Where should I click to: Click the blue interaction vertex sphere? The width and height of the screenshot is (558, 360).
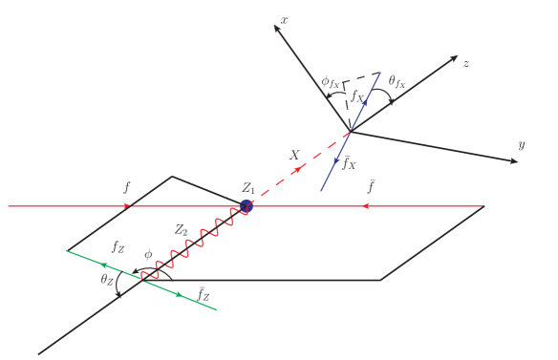click(x=247, y=205)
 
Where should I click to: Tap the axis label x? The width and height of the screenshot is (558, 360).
click(x=285, y=19)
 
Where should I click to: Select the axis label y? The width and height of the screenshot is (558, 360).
click(x=522, y=145)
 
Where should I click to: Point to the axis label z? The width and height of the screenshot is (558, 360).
click(x=465, y=63)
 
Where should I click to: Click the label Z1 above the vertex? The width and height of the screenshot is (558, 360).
click(x=249, y=187)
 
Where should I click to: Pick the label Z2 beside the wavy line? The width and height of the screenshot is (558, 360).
click(x=182, y=230)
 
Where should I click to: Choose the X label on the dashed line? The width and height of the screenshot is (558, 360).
click(x=294, y=154)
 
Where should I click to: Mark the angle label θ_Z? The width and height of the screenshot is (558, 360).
click(x=107, y=281)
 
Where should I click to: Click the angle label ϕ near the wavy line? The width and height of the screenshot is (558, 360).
click(x=148, y=255)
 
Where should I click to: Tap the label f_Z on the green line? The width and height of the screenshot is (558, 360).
click(x=118, y=246)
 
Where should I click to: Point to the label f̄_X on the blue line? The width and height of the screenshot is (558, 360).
click(x=350, y=163)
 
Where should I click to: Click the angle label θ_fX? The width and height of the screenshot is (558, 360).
click(x=397, y=83)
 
